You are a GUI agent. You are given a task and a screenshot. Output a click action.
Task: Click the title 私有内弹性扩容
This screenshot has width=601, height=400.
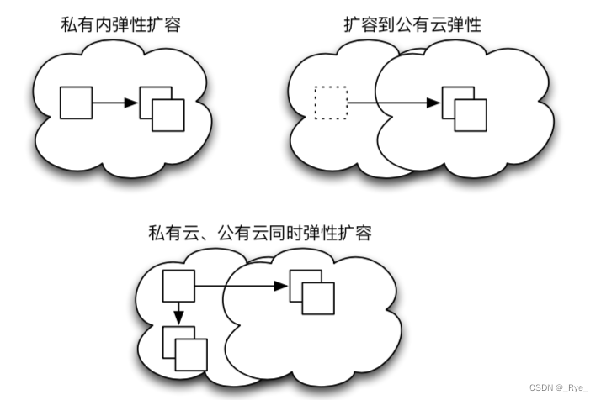point(121,25)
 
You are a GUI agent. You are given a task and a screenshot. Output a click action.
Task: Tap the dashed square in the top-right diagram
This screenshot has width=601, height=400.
point(330,103)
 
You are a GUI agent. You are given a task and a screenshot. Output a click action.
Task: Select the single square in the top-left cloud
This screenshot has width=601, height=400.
point(76,103)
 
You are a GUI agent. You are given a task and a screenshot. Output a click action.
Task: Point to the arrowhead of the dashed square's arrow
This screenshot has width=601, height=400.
point(433,103)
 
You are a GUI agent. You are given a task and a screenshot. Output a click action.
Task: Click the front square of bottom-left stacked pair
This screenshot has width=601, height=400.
point(192,352)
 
